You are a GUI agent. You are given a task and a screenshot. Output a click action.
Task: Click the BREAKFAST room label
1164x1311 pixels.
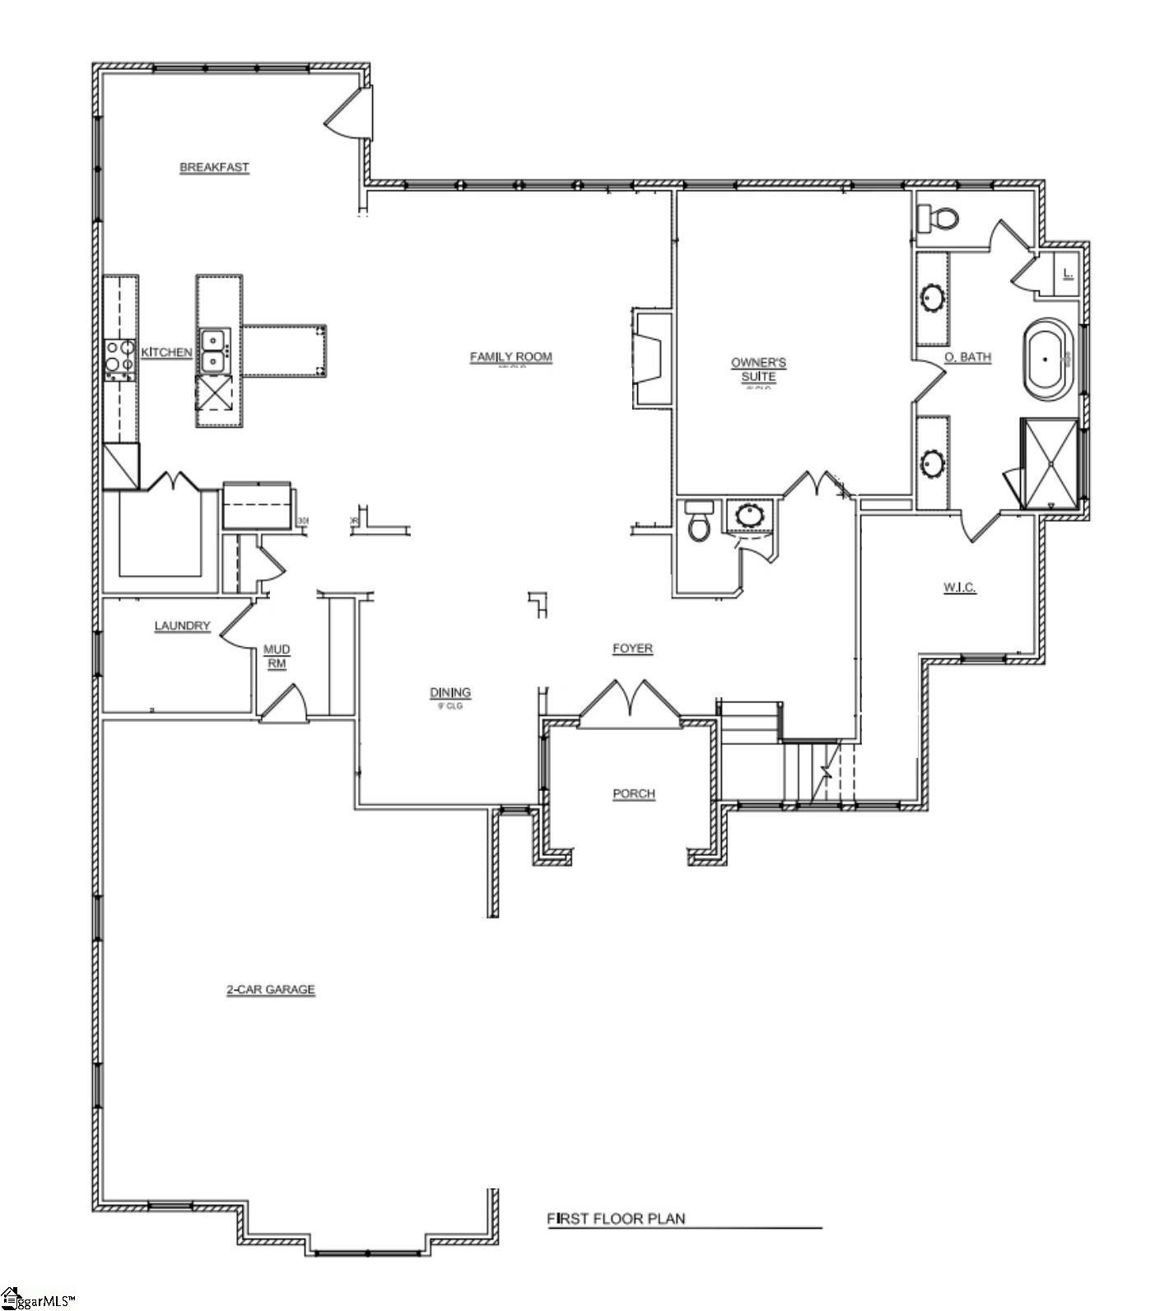point(214,167)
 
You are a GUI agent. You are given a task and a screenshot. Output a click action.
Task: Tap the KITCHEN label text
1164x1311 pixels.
point(167,352)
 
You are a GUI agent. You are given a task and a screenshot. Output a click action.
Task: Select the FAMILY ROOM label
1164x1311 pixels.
point(510,356)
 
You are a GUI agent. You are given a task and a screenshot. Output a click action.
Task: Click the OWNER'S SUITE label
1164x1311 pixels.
point(758,369)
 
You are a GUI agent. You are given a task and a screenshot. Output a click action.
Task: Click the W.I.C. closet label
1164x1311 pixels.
point(959,588)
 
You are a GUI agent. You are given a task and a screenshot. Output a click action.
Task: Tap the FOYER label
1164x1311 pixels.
point(632,649)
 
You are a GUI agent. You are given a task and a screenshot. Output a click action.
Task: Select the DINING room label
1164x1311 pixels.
point(450,692)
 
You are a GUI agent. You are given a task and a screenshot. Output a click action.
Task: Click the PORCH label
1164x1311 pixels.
point(634,793)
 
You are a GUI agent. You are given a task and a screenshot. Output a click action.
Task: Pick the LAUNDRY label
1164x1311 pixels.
point(182,625)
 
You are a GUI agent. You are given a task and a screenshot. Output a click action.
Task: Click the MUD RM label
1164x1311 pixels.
point(277,657)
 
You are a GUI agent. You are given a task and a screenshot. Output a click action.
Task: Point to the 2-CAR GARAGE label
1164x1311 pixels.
point(270,989)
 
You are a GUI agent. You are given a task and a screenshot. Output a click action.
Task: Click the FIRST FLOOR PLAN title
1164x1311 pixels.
point(616,1218)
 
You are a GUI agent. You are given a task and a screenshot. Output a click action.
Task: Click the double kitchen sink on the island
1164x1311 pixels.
point(213,351)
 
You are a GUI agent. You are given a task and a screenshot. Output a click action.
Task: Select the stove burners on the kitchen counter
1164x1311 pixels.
point(119,360)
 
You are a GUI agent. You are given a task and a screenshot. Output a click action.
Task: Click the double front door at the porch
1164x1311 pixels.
point(630,704)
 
